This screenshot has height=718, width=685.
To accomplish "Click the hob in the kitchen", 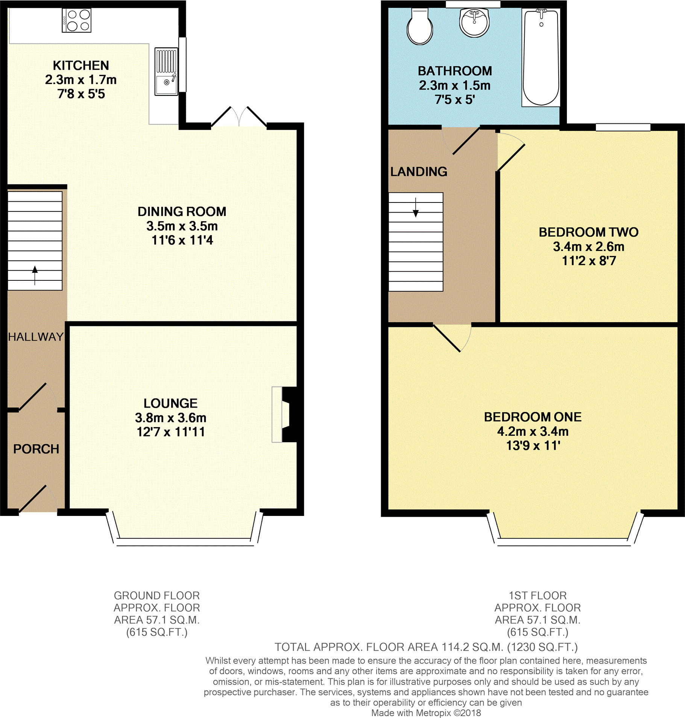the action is [x=77, y=20].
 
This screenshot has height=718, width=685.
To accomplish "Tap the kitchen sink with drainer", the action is [x=166, y=71].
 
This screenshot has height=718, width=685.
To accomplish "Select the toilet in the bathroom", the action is [x=420, y=26].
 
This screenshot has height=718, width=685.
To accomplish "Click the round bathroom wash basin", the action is [x=474, y=23].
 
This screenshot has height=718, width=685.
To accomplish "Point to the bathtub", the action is [x=541, y=58].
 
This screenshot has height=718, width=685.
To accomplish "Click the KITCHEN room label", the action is [x=81, y=65].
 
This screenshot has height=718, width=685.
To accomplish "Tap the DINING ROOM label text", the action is [x=182, y=211].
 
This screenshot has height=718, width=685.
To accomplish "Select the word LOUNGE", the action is [x=170, y=403].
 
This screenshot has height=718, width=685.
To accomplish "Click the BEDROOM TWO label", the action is [x=589, y=232].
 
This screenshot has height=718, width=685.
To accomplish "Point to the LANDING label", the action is [x=419, y=172].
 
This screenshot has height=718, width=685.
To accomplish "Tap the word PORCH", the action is [x=36, y=449].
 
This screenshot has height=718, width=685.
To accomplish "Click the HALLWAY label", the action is [x=36, y=337].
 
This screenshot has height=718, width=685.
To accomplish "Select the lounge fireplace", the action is [x=284, y=414].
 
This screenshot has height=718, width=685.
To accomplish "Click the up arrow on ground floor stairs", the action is [x=35, y=275].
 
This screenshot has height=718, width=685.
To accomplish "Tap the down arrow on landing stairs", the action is [x=416, y=207].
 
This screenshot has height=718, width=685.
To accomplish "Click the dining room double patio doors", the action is [x=239, y=117].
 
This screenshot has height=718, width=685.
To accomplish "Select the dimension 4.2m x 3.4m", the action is [x=533, y=431].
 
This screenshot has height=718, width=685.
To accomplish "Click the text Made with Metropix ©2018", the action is [x=426, y=713].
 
